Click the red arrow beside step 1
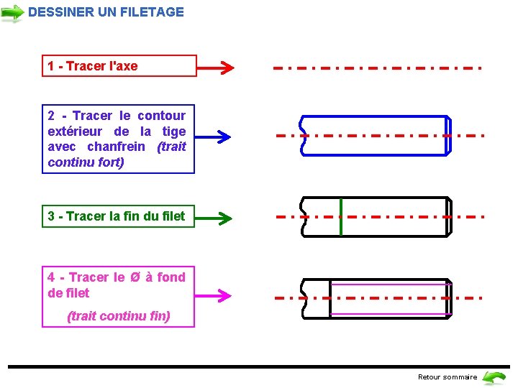pyautogui.click(x=215, y=68)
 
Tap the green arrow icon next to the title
pyautogui.click(x=12, y=13)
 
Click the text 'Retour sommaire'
pyautogui.click(x=447, y=377)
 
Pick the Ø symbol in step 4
pyautogui.click(x=135, y=277)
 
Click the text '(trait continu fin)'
pyautogui.click(x=119, y=316)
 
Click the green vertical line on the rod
pyautogui.click(x=340, y=216)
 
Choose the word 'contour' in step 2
pyautogui.click(x=161, y=116)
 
